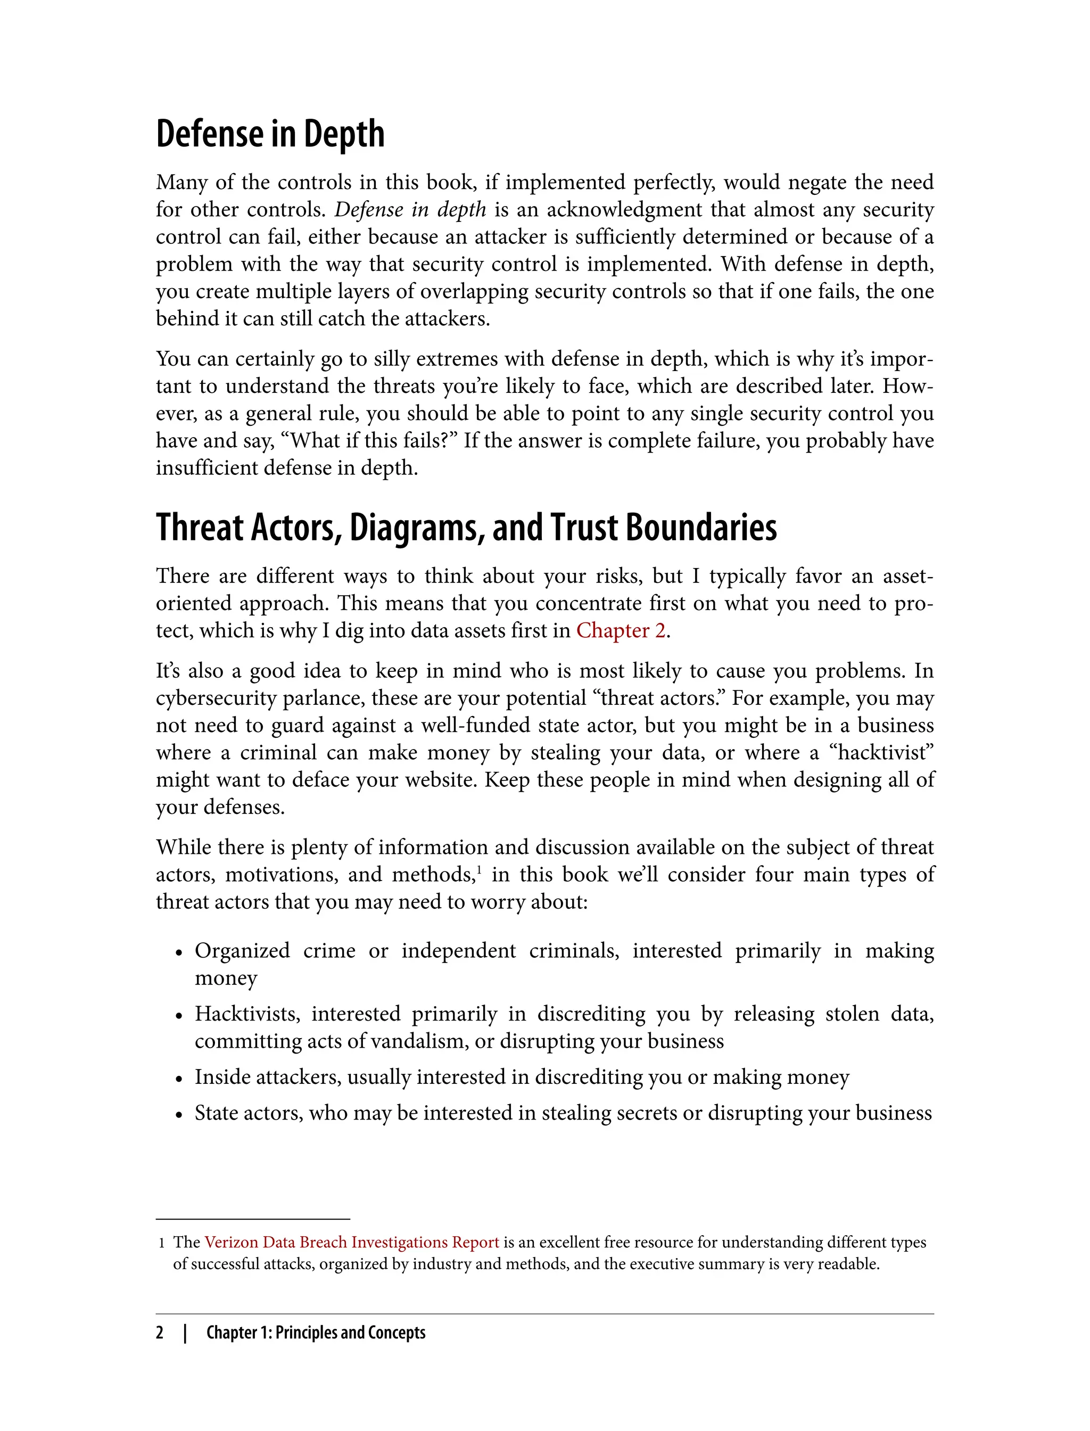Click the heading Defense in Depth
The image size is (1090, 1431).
[270, 134]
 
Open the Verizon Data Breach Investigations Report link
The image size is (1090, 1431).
[352, 1242]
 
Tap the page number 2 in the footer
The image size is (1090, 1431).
[160, 1333]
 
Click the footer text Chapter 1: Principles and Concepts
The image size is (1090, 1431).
[316, 1333]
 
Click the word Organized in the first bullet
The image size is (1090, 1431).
[242, 951]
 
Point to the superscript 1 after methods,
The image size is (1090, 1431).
[479, 869]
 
